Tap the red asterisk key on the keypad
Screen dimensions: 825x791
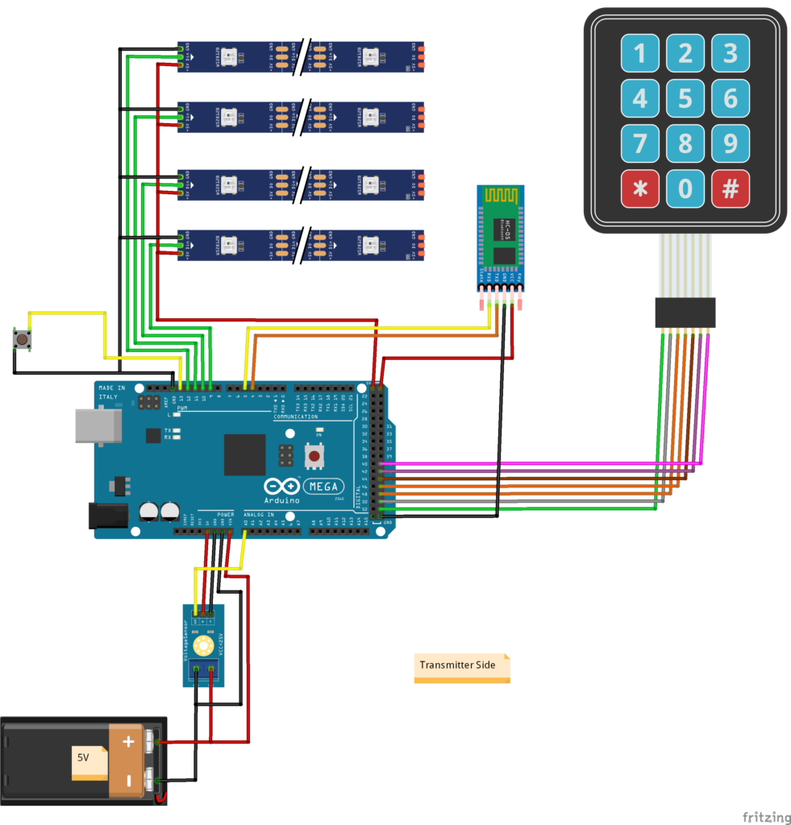(640, 189)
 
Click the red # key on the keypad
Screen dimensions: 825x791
(731, 189)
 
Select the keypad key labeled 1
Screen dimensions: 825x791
(640, 54)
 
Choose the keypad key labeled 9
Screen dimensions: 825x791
(731, 143)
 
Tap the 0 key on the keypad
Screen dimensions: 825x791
(685, 189)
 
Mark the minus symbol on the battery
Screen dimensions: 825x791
(127, 780)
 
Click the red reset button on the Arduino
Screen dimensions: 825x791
(314, 457)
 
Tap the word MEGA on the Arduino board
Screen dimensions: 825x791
(323, 487)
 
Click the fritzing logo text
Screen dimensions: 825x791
(766, 817)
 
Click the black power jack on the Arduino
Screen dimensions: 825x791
(106, 516)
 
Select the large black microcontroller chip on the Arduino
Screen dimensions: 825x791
(244, 454)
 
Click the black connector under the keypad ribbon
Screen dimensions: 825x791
(685, 313)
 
